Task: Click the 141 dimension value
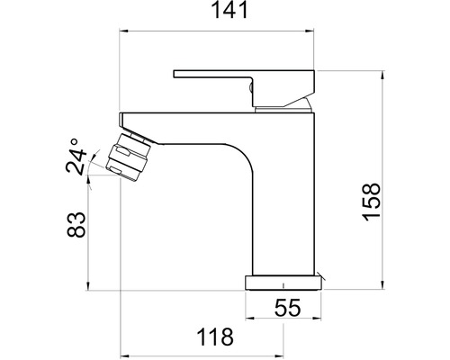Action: (x=230, y=10)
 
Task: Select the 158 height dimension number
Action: (x=372, y=202)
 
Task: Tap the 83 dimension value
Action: (x=76, y=225)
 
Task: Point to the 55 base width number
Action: (x=287, y=308)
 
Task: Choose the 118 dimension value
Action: (x=215, y=337)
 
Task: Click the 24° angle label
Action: (x=76, y=157)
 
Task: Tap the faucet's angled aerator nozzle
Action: (x=128, y=157)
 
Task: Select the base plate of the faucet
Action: (x=283, y=283)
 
